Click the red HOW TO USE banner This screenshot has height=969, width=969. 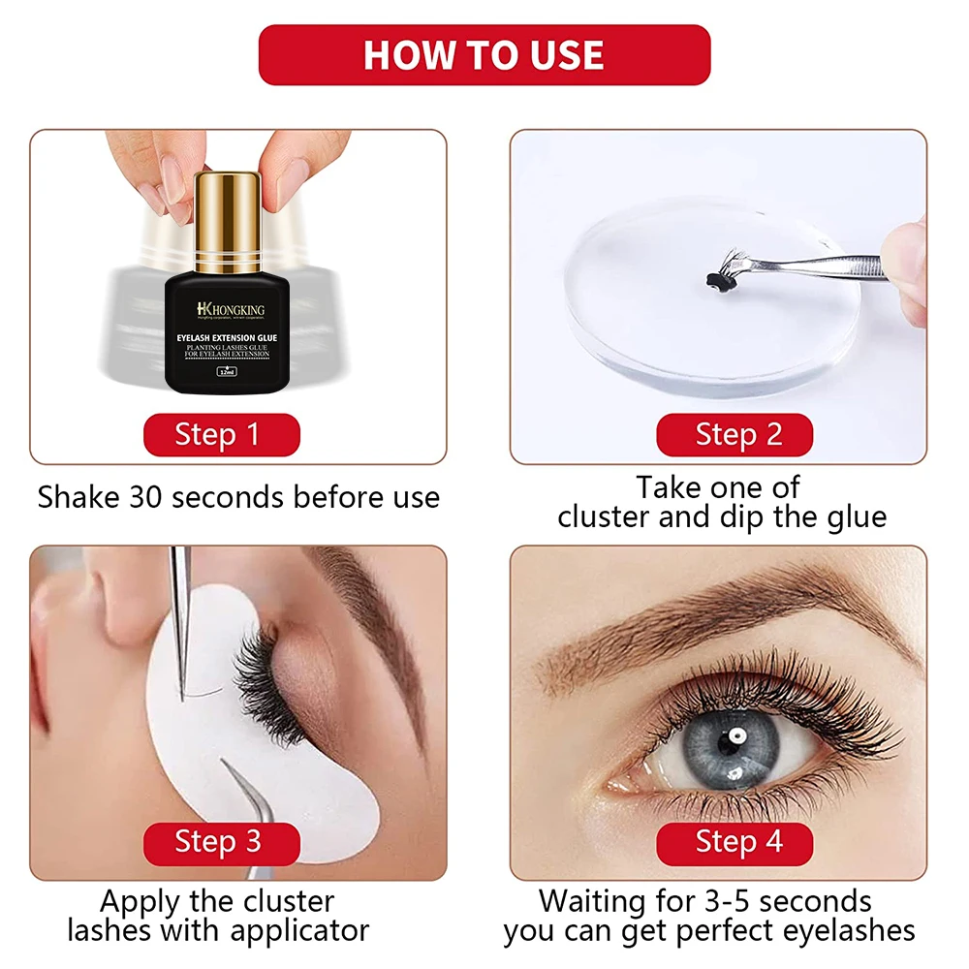(484, 55)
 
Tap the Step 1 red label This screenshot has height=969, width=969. (221, 435)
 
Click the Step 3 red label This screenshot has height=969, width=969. (221, 841)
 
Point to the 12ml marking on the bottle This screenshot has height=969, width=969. (230, 371)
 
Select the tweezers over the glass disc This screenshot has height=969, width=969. (824, 266)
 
